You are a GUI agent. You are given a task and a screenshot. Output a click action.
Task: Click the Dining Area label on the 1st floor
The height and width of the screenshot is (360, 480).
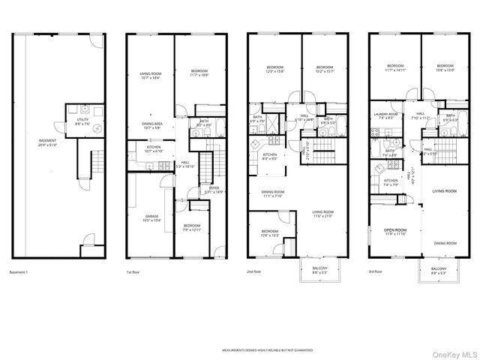(152, 125)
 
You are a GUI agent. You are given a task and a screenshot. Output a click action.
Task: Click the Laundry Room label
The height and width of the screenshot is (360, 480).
(387, 116)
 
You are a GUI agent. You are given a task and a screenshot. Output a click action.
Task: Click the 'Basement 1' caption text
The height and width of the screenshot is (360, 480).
(19, 272)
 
